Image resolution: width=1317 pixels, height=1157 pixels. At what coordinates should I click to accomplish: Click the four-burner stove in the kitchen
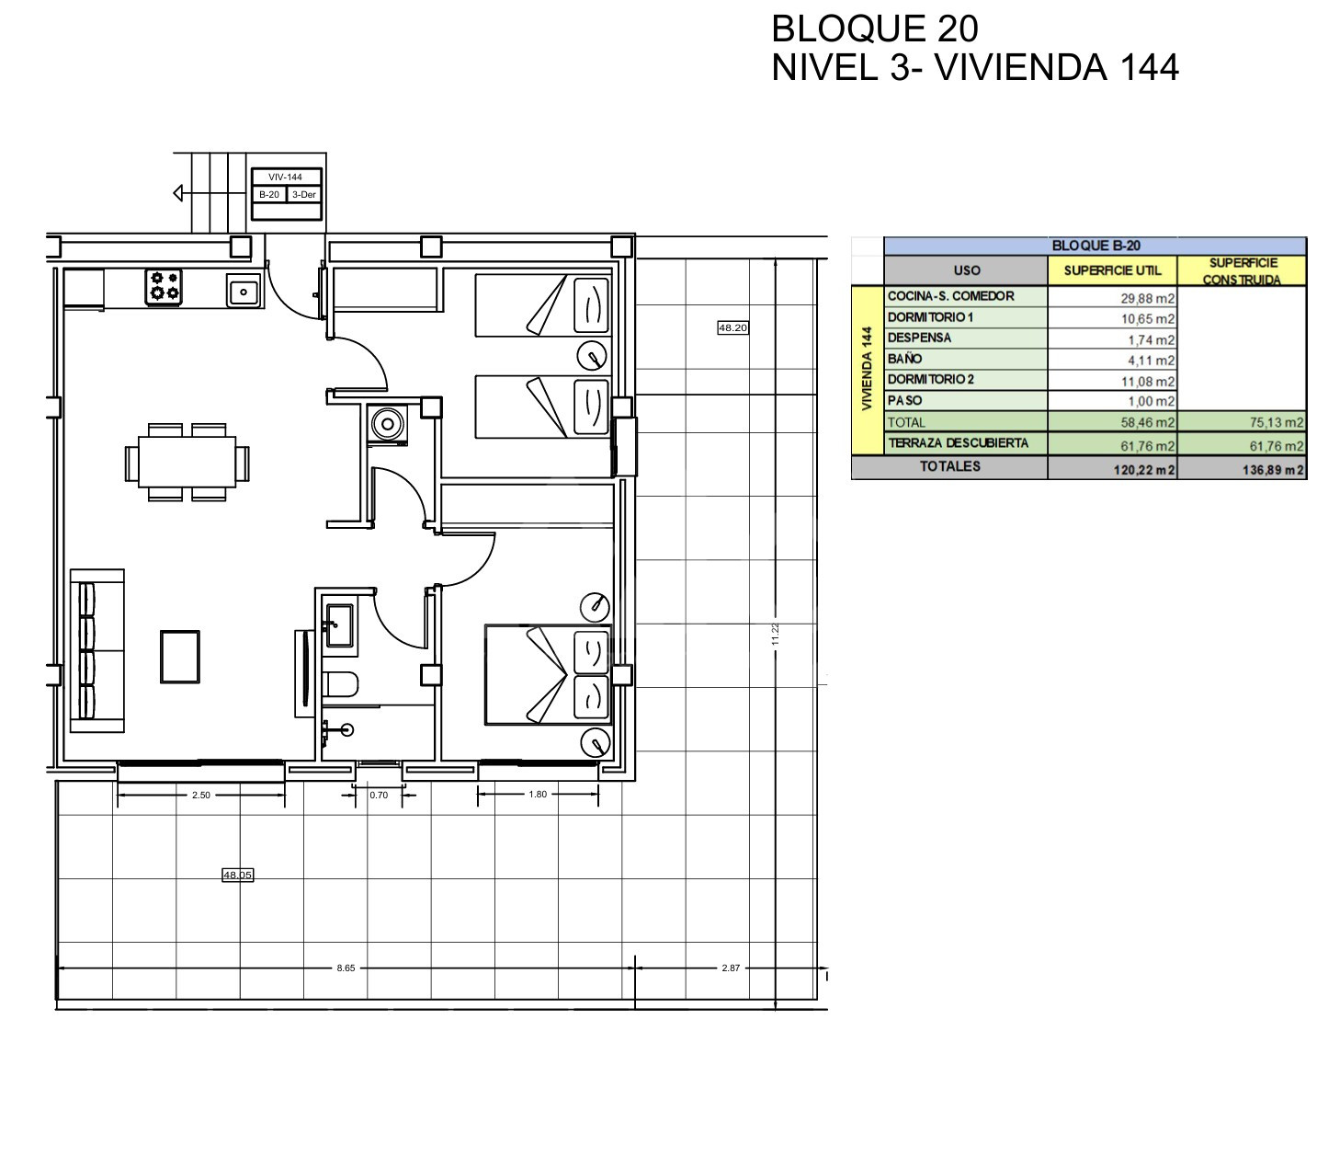tap(164, 287)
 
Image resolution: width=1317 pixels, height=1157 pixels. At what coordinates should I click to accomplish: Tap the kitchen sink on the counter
tap(244, 291)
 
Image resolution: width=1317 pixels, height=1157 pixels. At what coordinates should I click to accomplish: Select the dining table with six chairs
tap(187, 462)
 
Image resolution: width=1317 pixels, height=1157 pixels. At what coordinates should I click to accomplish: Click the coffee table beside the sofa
tap(179, 656)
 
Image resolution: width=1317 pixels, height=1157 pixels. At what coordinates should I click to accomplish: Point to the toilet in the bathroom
tap(340, 684)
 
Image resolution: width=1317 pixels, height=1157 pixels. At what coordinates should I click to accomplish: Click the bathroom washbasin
tap(339, 625)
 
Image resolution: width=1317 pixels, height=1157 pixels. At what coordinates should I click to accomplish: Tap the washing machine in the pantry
tap(388, 425)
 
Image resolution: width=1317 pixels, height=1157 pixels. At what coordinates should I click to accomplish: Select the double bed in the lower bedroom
tap(548, 675)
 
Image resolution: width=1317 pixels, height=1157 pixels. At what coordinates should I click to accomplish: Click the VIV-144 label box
tap(286, 177)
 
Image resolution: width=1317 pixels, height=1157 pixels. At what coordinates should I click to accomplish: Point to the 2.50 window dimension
tap(201, 795)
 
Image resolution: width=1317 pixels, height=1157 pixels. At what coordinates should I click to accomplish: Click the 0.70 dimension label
tap(379, 795)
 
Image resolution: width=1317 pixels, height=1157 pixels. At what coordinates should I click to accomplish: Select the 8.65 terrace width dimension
tap(346, 968)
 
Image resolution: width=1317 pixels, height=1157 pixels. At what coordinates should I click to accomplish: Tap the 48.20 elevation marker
tap(732, 328)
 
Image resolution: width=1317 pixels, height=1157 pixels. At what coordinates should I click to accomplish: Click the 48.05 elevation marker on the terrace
tap(237, 876)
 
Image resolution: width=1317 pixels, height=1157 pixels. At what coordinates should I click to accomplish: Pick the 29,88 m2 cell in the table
tap(1111, 298)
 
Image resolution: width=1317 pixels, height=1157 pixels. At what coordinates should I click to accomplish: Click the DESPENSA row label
tap(918, 338)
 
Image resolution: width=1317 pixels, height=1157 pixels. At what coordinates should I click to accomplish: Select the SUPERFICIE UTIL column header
tap(1111, 270)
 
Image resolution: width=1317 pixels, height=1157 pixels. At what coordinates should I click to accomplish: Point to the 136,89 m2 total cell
tap(1241, 469)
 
